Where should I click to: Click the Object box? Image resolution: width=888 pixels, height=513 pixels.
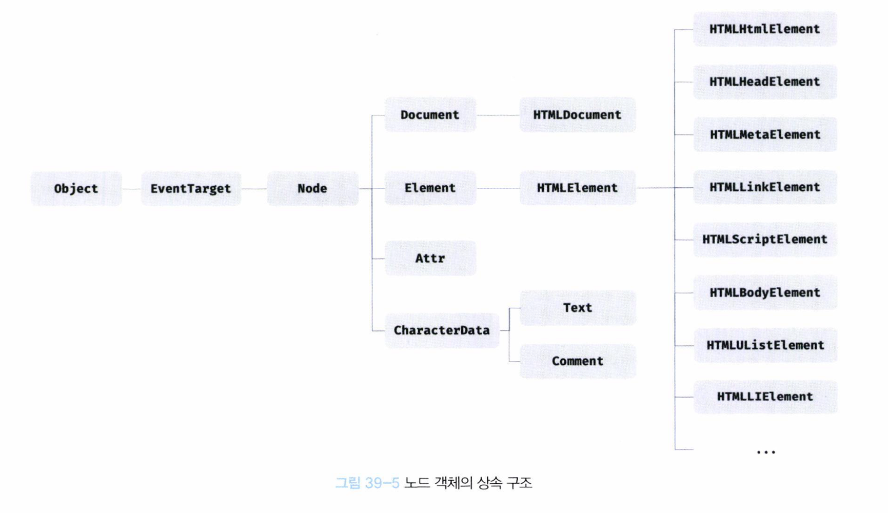click(x=76, y=189)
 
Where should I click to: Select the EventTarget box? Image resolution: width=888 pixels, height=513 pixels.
click(x=191, y=189)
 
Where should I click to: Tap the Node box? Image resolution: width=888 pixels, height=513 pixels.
click(x=312, y=189)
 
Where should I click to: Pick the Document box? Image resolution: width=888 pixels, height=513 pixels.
click(x=430, y=115)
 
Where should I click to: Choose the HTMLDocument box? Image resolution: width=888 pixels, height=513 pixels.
click(x=577, y=115)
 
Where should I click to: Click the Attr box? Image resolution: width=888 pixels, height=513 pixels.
click(x=430, y=258)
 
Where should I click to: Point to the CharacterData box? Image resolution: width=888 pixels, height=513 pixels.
click(x=442, y=330)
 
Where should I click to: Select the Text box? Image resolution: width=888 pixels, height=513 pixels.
click(x=578, y=308)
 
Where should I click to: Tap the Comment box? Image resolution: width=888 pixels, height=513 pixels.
click(x=578, y=361)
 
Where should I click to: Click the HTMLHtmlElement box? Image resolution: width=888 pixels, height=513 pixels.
click(x=764, y=29)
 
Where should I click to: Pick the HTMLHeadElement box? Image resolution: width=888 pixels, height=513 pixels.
click(x=764, y=82)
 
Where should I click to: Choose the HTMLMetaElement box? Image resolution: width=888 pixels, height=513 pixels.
click(x=764, y=134)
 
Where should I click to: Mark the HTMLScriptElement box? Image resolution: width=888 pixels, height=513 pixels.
click(x=764, y=240)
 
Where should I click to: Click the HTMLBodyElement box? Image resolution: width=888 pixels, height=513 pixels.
click(x=764, y=292)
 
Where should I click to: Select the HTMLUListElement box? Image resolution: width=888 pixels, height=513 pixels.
click(x=765, y=345)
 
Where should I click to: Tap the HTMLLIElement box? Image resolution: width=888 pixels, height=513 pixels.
click(x=765, y=397)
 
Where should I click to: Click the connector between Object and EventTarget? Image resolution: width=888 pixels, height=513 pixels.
click(x=131, y=189)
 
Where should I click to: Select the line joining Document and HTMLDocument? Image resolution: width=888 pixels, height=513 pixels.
click(x=498, y=115)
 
